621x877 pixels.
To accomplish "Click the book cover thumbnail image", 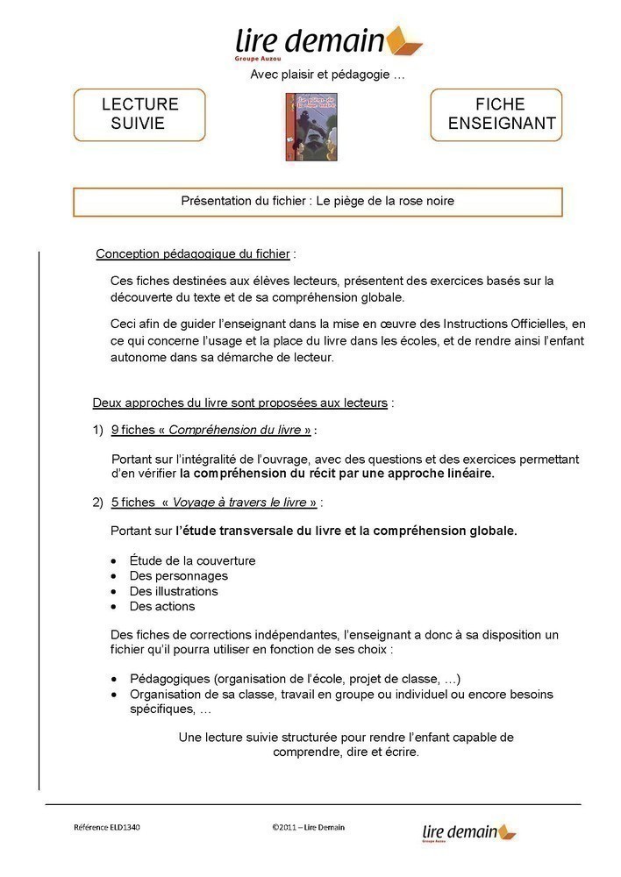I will [x=300, y=126].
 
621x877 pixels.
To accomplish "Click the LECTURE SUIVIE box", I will [x=139, y=114].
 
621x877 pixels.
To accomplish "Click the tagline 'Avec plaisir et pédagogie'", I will [x=327, y=75].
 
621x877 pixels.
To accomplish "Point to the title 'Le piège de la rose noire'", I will [x=385, y=201].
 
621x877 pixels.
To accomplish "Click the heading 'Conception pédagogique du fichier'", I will [x=193, y=254].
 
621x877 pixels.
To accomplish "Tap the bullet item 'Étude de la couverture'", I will [x=192, y=560].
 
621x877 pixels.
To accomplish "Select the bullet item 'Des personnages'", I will [x=178, y=575].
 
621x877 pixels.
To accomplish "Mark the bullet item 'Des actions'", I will [x=162, y=606].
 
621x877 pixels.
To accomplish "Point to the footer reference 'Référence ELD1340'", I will [x=106, y=827].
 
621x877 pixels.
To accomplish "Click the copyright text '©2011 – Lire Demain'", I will [x=308, y=827].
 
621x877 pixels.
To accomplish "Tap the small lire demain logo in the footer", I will [x=469, y=831].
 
